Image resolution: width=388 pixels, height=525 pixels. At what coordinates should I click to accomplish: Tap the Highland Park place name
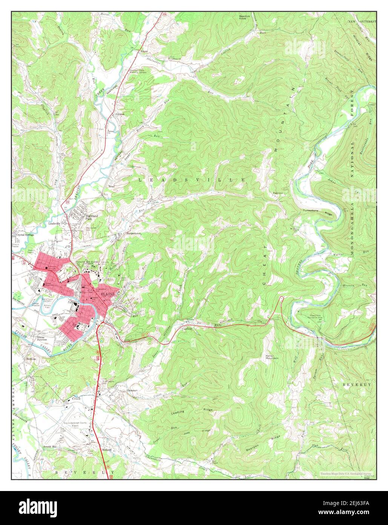[x=92, y=217]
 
